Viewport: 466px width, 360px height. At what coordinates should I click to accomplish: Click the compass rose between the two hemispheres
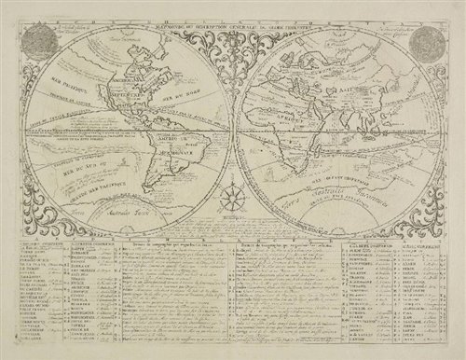(x=233, y=198)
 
